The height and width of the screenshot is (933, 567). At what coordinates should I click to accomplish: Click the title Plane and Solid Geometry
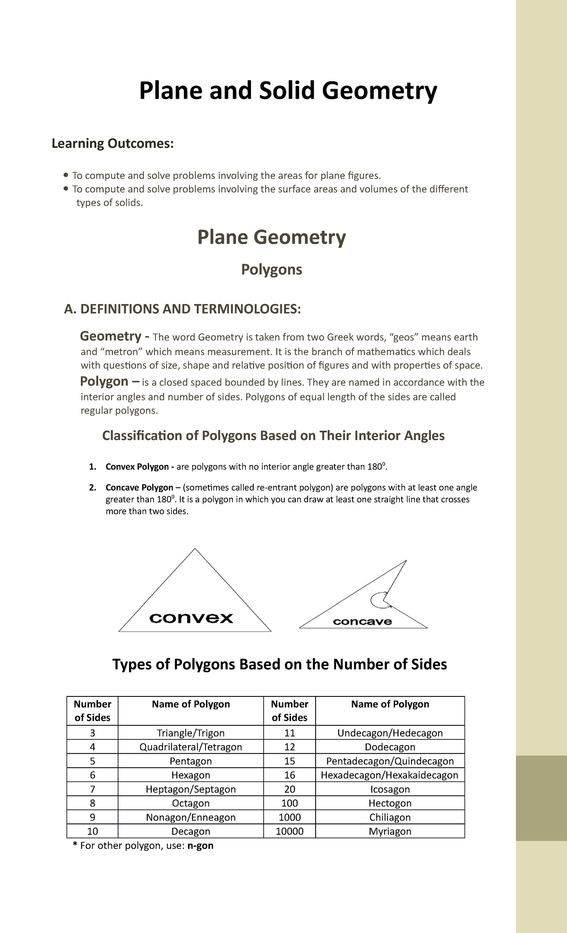(x=288, y=91)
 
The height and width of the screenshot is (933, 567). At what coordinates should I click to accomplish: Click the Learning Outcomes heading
(x=112, y=143)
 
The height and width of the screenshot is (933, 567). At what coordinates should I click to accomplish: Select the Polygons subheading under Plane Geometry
(x=271, y=270)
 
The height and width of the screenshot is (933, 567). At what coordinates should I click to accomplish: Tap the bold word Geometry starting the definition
(x=111, y=336)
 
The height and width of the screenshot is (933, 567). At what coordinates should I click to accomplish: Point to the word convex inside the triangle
(x=191, y=618)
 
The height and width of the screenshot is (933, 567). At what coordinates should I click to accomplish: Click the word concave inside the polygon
(x=362, y=622)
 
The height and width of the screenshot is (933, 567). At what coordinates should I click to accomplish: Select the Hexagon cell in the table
(x=190, y=775)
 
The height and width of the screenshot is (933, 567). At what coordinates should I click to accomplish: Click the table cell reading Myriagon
(x=390, y=831)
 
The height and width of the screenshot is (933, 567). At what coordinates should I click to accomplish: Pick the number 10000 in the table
(x=289, y=831)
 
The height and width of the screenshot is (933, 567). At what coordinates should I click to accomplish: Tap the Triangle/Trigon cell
(x=190, y=733)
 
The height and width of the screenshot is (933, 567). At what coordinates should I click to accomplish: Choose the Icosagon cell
(x=390, y=789)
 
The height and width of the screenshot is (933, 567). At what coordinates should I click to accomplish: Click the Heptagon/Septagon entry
(x=190, y=789)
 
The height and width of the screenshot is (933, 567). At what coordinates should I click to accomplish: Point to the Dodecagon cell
(x=390, y=747)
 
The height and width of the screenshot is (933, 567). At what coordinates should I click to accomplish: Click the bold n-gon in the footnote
(x=200, y=846)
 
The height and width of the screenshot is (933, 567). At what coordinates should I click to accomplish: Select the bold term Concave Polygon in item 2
(x=139, y=487)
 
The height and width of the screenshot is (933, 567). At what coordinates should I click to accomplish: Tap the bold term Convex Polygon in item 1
(x=137, y=466)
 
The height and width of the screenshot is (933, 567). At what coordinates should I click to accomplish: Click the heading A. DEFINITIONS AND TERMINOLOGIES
(x=182, y=309)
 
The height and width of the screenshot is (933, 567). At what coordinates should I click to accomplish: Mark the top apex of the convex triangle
(x=195, y=549)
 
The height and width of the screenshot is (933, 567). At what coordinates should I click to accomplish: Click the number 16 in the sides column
(x=289, y=775)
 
